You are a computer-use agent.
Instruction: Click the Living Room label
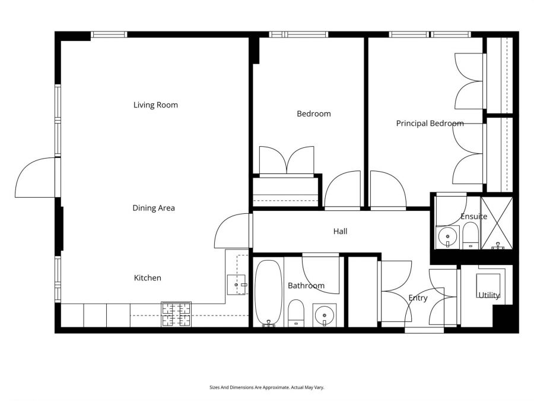(x=155, y=105)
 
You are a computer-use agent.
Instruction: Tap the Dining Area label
(x=154, y=208)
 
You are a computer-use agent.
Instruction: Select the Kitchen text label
(x=147, y=277)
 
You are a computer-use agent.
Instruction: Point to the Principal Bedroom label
(x=430, y=124)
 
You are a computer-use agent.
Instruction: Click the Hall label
(x=340, y=231)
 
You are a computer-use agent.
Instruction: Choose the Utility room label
(x=490, y=295)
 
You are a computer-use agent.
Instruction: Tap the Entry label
(x=418, y=298)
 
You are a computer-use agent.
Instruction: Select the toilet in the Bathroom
(x=296, y=313)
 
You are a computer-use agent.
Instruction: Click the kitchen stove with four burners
(x=176, y=314)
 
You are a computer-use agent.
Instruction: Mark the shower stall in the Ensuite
(x=497, y=222)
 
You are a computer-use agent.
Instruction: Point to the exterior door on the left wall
(x=36, y=177)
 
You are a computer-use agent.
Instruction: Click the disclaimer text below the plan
(x=266, y=387)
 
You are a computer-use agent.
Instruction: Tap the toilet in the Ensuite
(x=471, y=236)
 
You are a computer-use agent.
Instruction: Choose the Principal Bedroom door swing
(x=387, y=190)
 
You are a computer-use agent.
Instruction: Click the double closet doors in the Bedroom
(x=287, y=160)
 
